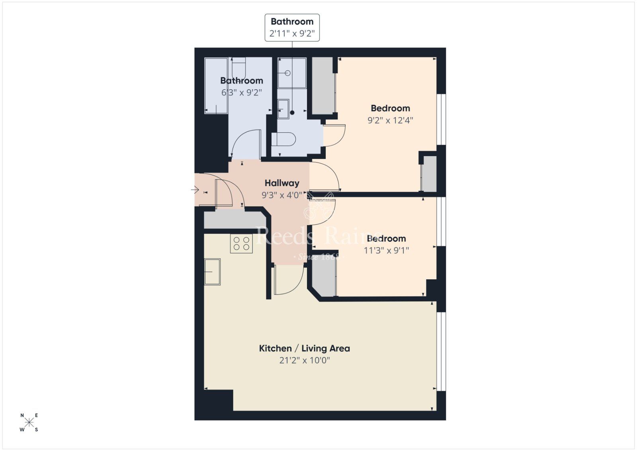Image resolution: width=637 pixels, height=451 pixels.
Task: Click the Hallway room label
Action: (282, 183)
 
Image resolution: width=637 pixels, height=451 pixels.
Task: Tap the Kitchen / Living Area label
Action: (304, 349)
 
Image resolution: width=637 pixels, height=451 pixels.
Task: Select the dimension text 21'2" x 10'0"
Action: (304, 361)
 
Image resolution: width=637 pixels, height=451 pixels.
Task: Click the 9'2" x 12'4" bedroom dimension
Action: (390, 120)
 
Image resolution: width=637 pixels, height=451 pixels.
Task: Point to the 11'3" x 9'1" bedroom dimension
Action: (386, 251)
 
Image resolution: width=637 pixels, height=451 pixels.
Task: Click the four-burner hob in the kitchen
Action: (241, 243)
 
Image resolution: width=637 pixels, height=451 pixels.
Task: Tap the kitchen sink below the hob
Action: (212, 272)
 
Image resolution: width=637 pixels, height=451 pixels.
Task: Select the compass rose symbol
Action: (29, 422)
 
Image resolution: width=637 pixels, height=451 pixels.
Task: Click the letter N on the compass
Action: (22, 416)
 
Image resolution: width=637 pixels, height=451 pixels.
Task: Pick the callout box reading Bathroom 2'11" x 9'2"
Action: (292, 27)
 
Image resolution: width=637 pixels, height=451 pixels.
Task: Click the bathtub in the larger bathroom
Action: (216, 85)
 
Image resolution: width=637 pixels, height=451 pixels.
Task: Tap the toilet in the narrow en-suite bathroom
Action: (284, 140)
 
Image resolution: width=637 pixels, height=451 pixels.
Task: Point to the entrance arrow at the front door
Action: (195, 190)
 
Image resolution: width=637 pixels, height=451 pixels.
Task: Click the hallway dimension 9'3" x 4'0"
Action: (282, 195)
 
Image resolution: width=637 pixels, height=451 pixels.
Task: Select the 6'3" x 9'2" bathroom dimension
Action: (241, 93)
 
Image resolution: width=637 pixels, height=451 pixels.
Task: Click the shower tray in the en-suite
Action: (292, 73)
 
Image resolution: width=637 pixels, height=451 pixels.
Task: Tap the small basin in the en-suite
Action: (283, 109)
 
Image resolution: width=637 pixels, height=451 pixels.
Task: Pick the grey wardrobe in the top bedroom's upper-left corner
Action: (322, 85)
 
